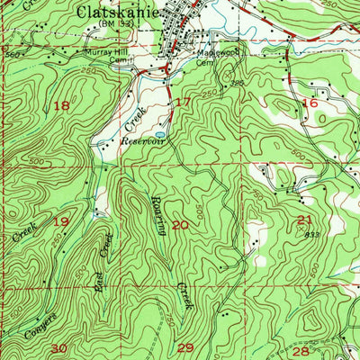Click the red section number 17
183,102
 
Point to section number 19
61,221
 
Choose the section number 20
180,224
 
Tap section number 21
304,220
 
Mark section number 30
59,347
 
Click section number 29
185,347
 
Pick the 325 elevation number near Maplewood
238,82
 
